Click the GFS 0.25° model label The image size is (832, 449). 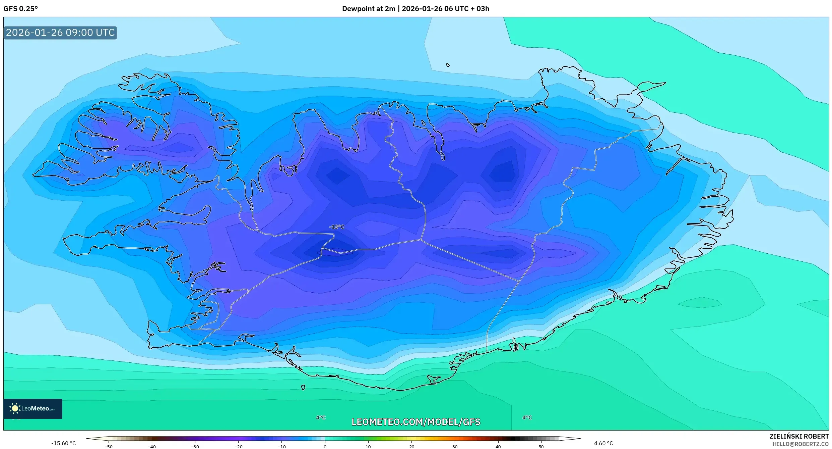(20, 9)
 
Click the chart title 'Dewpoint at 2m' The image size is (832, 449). (369, 9)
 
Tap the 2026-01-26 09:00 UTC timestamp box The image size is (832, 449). (60, 33)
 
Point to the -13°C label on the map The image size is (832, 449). (336, 227)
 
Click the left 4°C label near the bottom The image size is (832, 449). (321, 418)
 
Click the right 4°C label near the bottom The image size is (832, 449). (527, 418)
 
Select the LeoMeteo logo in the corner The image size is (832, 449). (33, 408)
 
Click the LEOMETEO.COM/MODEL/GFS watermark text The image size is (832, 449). (416, 422)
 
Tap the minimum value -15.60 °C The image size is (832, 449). (63, 444)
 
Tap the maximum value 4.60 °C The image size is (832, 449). (603, 444)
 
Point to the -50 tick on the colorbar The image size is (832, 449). (109, 447)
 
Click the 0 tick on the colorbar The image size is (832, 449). (325, 447)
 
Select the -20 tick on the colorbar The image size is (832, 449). (238, 447)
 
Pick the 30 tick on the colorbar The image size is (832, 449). (455, 447)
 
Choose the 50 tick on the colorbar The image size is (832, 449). (541, 447)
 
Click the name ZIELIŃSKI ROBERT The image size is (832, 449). (799, 437)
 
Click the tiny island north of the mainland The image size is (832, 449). (448, 65)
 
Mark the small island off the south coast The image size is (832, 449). (303, 388)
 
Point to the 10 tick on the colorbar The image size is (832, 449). (368, 447)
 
